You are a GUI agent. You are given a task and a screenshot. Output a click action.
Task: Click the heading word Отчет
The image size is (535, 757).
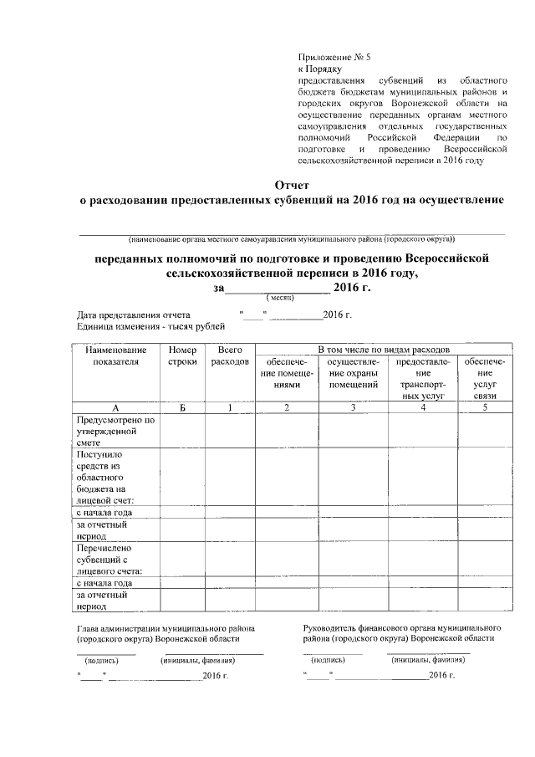click(x=292, y=184)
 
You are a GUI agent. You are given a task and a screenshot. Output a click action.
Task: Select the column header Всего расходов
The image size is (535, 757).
click(x=229, y=355)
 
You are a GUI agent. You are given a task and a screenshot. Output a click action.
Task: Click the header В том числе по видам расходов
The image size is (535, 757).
click(x=379, y=347)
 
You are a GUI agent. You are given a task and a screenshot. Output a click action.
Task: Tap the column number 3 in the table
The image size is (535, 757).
click(x=353, y=407)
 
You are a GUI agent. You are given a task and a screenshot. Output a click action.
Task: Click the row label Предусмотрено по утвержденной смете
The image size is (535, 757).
click(x=115, y=431)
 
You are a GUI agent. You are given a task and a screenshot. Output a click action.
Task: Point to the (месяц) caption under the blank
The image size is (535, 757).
click(x=278, y=298)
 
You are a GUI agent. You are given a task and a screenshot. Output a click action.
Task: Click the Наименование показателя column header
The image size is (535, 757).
click(x=115, y=355)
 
